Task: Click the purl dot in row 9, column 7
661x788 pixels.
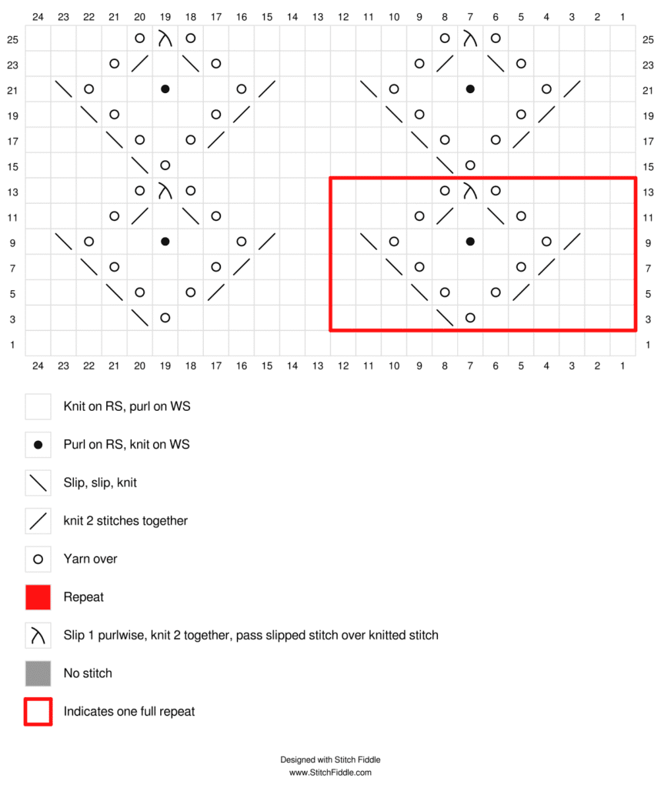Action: click(x=470, y=242)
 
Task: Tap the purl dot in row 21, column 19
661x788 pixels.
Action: click(x=165, y=89)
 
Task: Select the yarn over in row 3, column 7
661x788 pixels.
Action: click(x=470, y=318)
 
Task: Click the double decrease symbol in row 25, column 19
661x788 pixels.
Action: click(x=165, y=38)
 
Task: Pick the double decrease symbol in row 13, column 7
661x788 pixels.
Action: click(x=470, y=191)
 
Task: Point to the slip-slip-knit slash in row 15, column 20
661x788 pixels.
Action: click(x=139, y=165)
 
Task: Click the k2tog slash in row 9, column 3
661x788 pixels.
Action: click(x=572, y=242)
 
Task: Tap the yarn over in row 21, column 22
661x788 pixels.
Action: click(x=88, y=89)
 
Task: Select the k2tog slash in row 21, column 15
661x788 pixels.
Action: click(x=266, y=89)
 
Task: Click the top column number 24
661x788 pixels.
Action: click(x=38, y=16)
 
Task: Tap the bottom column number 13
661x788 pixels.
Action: click(x=317, y=366)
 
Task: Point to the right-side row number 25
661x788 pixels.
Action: click(x=648, y=38)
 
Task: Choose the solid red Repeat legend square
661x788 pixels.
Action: click(x=38, y=597)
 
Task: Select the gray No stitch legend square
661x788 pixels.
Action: click(x=38, y=673)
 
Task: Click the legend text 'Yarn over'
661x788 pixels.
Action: click(x=90, y=559)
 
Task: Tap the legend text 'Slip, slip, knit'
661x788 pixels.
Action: click(x=100, y=483)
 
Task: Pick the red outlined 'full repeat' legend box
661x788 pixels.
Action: click(x=38, y=711)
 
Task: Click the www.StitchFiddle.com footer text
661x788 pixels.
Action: click(x=330, y=773)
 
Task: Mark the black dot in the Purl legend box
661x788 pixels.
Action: click(x=38, y=445)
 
